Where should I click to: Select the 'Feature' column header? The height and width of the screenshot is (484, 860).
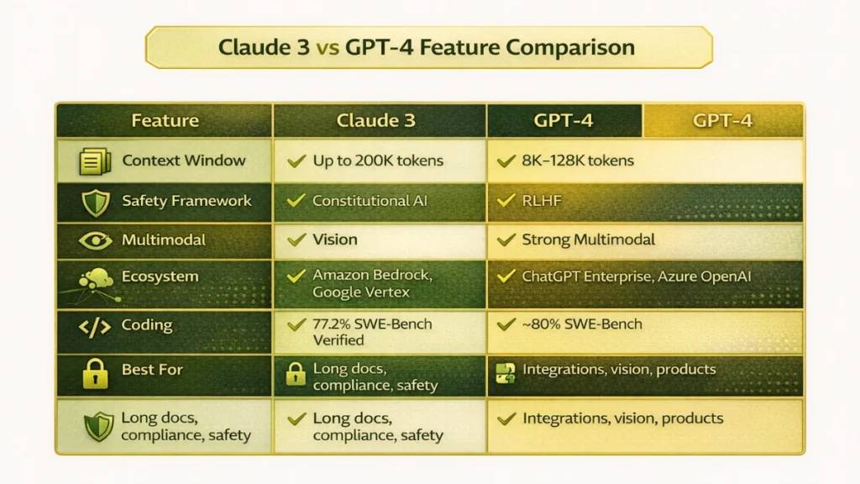(165, 120)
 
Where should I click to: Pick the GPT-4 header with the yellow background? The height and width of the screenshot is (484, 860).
(722, 120)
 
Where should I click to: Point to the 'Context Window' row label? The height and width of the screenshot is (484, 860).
(184, 160)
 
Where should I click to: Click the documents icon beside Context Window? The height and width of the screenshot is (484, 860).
(94, 161)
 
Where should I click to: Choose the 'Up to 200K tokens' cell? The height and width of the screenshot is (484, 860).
(378, 160)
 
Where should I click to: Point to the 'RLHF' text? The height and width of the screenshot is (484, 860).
(541, 201)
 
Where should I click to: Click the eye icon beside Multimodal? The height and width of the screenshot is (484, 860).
(94, 240)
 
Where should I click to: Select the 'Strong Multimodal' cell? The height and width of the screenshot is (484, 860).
(588, 240)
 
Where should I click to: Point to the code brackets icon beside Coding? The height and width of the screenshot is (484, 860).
(94, 326)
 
